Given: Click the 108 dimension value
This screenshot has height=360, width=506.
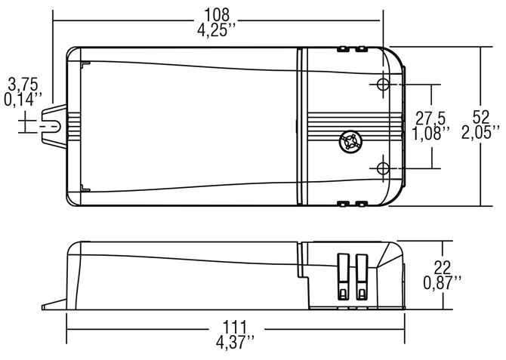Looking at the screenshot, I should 218,14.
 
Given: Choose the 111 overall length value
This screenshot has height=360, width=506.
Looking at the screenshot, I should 234,327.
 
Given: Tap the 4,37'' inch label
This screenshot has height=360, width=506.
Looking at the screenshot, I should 234,343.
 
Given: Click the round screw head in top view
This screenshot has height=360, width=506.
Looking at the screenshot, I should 350,141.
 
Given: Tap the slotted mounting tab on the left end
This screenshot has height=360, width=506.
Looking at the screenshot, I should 53,123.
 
